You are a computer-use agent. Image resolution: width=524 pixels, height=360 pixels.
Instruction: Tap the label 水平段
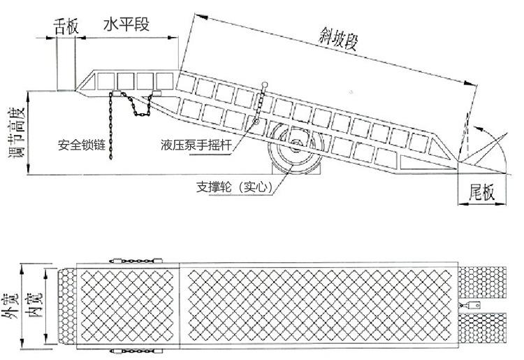pyautogui.click(x=126, y=25)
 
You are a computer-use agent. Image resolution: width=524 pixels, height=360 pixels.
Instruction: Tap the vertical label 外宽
pyautogui.click(x=11, y=308)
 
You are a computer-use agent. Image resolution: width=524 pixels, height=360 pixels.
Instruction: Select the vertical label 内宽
pyautogui.click(x=33, y=308)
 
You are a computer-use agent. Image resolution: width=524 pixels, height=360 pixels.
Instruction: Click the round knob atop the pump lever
pyautogui.click(x=265, y=85)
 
